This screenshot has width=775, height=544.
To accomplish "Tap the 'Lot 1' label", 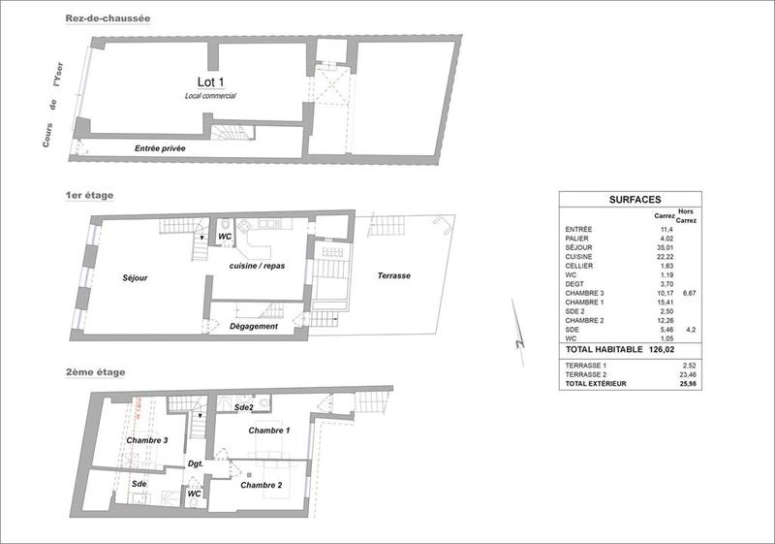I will pos(210,84).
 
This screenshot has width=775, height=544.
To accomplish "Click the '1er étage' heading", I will pos(88,195).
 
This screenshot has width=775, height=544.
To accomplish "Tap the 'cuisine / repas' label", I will pos(258,267).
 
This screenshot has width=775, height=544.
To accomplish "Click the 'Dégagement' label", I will pos(255,326).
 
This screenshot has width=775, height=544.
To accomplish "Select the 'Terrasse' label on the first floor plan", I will pos(393,276).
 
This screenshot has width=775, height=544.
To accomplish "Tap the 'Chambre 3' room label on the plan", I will pos(147,440).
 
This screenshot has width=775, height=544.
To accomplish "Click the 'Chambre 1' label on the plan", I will pos(269,430).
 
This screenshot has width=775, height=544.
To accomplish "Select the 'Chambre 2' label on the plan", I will pos(262,485).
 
